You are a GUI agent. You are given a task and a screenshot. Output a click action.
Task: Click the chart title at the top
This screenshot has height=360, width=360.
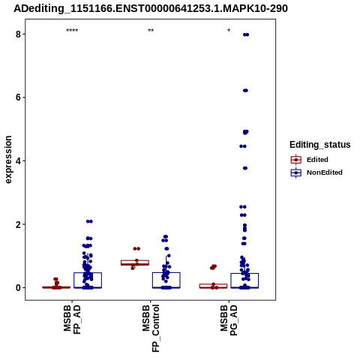point(151,8)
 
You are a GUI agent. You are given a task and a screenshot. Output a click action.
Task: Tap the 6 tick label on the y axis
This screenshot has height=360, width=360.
point(19,97)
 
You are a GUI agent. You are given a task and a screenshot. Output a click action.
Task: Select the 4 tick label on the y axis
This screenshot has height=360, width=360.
point(19,161)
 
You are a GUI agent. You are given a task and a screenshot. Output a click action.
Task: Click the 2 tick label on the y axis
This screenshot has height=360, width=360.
point(19,224)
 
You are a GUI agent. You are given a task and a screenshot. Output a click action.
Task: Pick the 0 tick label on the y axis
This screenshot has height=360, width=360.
point(19,288)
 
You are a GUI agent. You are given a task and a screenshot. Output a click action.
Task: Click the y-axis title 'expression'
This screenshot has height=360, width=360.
point(8,160)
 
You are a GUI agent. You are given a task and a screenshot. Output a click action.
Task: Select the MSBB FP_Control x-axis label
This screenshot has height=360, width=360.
point(151,328)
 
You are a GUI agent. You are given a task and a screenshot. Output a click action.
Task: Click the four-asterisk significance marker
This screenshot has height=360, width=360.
point(72,31)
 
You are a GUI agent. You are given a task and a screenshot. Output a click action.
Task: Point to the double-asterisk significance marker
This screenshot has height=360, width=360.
point(151,31)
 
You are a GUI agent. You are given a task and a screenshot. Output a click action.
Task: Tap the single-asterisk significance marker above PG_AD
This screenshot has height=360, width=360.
point(229,31)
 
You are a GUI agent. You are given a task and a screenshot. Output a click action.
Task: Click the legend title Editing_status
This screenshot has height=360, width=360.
point(320,145)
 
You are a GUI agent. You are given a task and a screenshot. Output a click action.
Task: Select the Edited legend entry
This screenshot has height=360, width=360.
point(310,160)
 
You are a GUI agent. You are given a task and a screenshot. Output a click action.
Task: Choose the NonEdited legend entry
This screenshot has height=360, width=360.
point(316,172)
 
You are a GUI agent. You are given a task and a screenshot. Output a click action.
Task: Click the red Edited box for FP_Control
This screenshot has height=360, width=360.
point(135,262)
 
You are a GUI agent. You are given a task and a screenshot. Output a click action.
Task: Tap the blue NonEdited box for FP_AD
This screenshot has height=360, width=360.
point(88,280)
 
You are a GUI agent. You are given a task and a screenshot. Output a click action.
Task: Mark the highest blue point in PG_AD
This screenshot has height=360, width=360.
point(246,34)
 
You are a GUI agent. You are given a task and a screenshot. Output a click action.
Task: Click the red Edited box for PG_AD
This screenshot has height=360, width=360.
point(213,286)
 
